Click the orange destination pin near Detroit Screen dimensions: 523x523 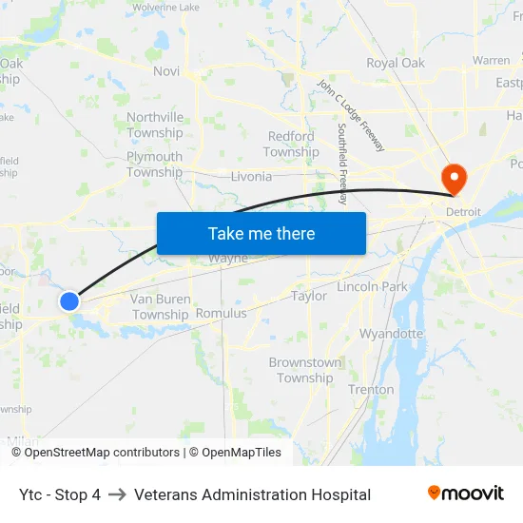(x=454, y=176)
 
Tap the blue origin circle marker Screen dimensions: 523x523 (x=69, y=301)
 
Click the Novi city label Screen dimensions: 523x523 (x=165, y=71)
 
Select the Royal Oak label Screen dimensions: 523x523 (x=396, y=64)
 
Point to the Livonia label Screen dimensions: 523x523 (x=251, y=176)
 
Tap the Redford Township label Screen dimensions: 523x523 (x=291, y=145)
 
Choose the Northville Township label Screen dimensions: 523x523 (x=155, y=125)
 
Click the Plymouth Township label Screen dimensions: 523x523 (x=155, y=165)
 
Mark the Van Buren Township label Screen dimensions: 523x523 (x=161, y=307)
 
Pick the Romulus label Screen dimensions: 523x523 (x=221, y=313)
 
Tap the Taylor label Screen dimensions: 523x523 (x=309, y=296)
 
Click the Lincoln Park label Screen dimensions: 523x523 (x=372, y=286)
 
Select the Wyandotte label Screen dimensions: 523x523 (x=391, y=334)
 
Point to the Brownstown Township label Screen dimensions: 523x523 (x=305, y=370)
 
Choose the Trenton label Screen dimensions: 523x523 (x=371, y=389)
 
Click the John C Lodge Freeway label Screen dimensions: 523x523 (x=351, y=114)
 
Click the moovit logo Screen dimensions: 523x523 (x=466, y=494)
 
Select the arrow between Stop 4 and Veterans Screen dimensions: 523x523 (x=117, y=494)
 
